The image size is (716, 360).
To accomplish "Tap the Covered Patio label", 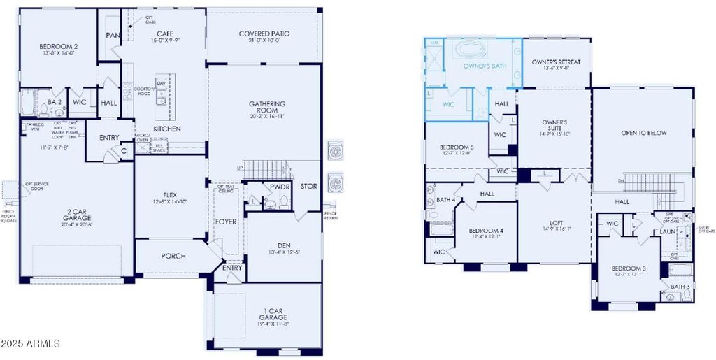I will point(264,34).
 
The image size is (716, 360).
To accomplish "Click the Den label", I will point(284,245).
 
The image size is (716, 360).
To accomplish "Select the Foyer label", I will point(226,222).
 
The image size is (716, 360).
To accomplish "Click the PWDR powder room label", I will point(280,187).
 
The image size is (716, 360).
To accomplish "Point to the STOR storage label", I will point(308,187).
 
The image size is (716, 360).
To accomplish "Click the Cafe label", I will point(164,34).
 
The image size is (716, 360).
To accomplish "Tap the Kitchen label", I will point(167,129).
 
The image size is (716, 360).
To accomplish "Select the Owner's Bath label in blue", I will point(485,66).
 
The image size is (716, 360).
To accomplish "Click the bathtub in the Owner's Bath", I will point(475,51).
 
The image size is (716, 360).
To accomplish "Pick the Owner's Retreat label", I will point(556,62).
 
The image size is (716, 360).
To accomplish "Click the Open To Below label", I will point(644,133).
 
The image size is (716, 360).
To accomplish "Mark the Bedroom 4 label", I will point(485,231).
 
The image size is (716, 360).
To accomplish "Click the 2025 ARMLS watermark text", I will point(31,343).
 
